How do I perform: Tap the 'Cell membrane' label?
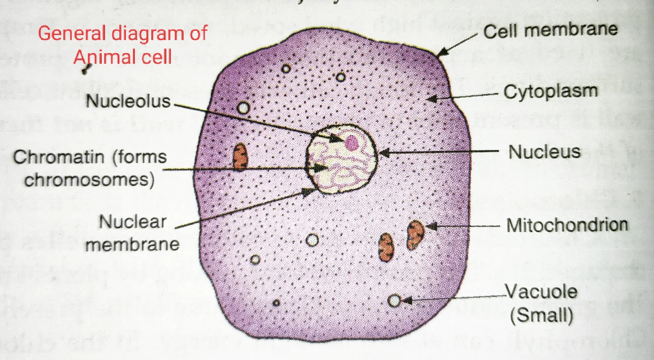(x=550, y=30)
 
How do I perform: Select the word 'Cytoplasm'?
(x=551, y=92)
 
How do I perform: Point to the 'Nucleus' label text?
(x=544, y=152)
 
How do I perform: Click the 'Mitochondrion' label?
(x=567, y=225)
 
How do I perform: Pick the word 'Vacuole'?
(x=541, y=292)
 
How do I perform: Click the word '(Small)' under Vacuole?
(x=542, y=315)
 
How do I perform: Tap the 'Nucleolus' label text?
(x=128, y=101)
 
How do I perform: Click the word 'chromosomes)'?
(x=89, y=180)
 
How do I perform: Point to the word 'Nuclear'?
(x=133, y=222)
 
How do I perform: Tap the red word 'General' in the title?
(x=72, y=34)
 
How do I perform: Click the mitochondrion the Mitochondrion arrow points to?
(x=415, y=234)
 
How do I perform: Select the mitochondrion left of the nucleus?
(x=240, y=157)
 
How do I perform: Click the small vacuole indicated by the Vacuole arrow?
(x=394, y=301)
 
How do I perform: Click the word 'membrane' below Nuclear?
(x=132, y=245)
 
